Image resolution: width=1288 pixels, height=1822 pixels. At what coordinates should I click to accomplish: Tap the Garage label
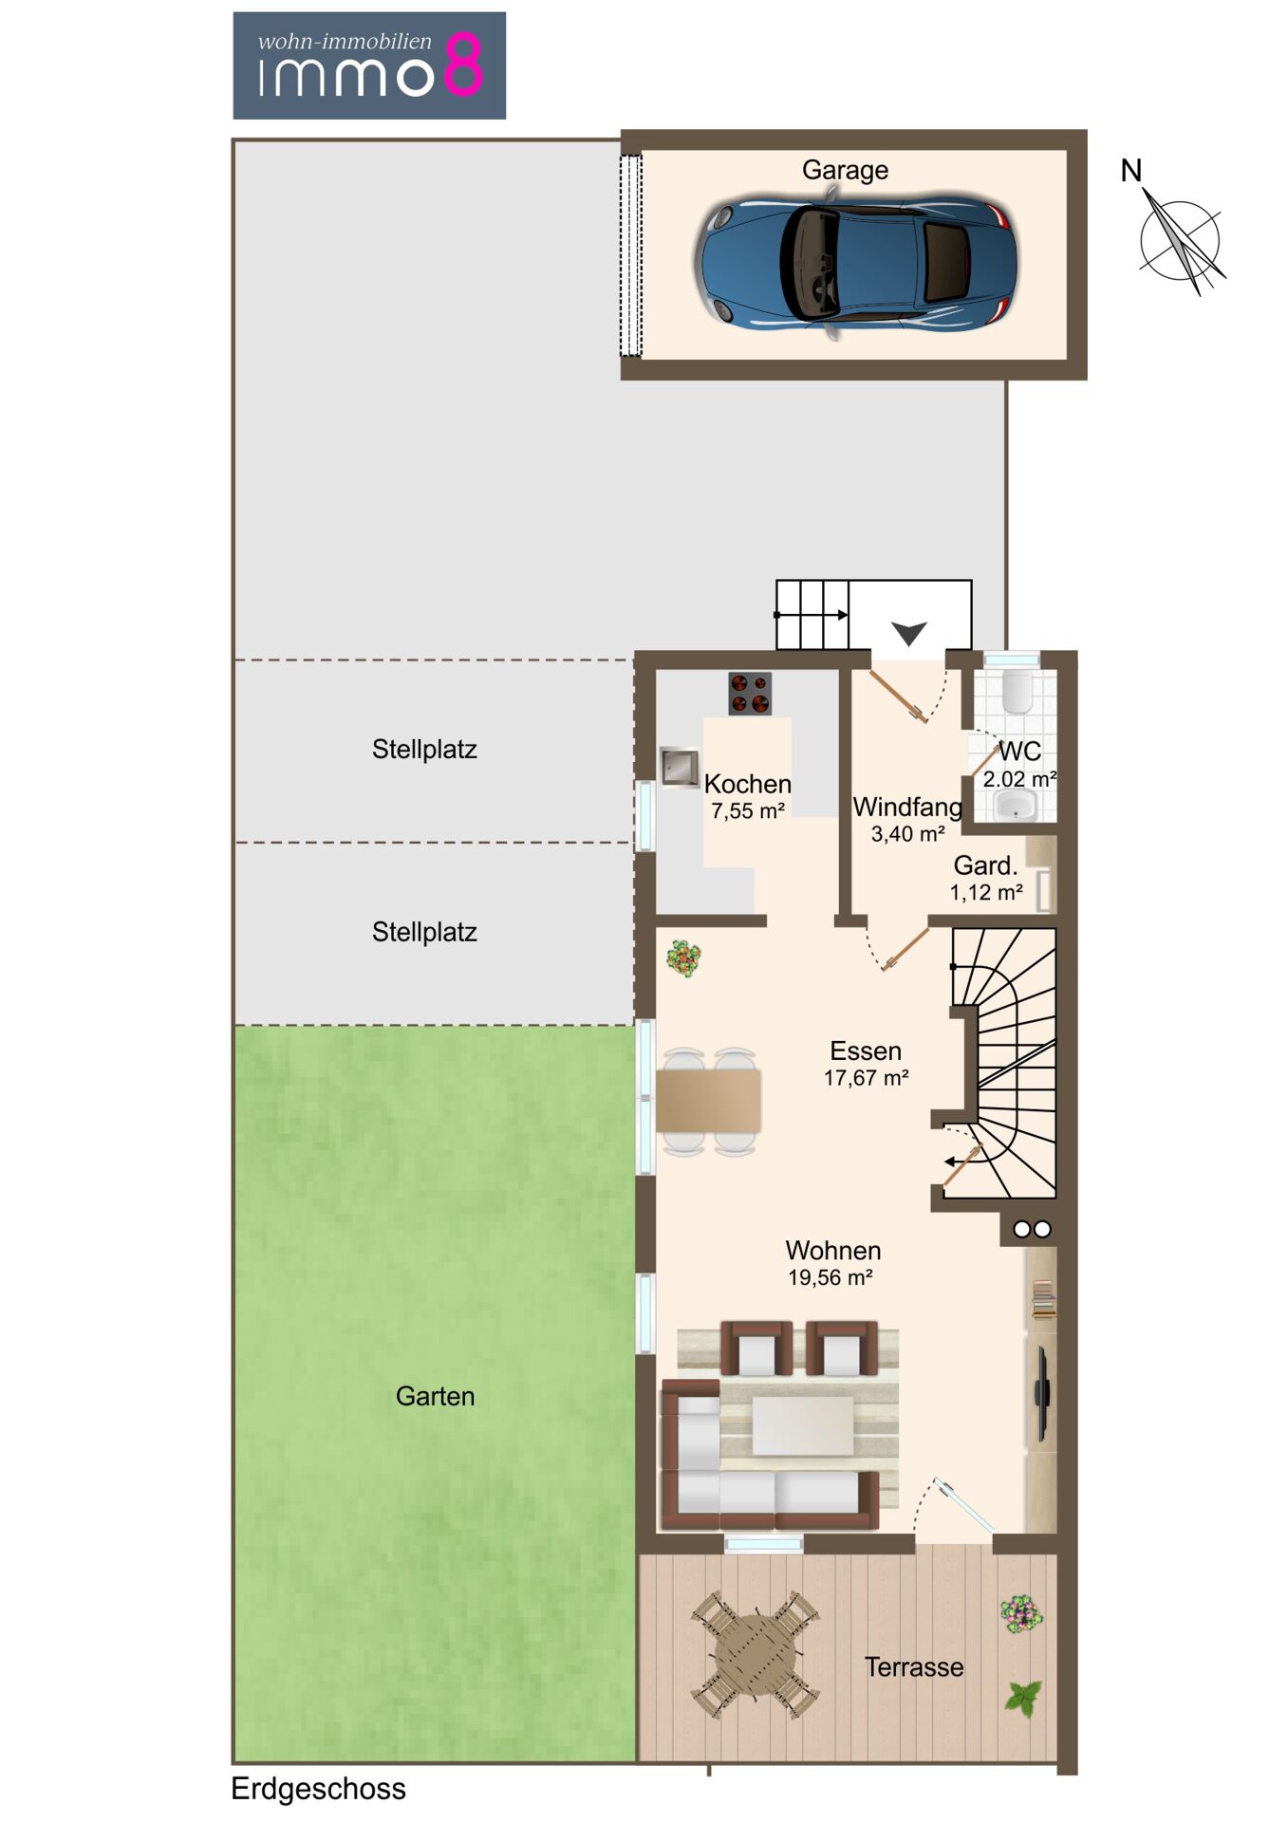click(845, 171)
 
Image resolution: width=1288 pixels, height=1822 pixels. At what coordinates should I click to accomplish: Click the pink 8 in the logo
click(464, 65)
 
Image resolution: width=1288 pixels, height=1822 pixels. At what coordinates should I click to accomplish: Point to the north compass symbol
click(1180, 237)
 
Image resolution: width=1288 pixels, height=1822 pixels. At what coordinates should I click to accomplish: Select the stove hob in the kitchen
click(750, 694)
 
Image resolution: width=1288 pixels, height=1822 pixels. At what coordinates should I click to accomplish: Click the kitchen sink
click(680, 768)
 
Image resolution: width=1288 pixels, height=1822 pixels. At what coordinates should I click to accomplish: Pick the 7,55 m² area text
click(748, 811)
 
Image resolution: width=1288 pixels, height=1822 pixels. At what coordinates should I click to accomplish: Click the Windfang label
click(907, 807)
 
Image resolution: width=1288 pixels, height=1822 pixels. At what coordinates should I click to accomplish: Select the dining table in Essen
click(708, 1100)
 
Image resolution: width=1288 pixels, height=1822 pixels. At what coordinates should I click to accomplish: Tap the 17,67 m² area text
click(866, 1078)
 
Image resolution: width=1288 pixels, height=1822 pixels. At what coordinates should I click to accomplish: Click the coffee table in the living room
click(803, 1424)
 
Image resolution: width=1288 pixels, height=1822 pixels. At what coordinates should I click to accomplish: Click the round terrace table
click(756, 1655)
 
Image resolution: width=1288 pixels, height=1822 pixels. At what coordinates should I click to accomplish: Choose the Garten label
click(435, 1396)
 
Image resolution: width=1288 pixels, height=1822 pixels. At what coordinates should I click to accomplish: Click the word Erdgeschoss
click(318, 1789)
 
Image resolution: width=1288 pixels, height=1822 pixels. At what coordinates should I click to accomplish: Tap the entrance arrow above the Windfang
click(908, 633)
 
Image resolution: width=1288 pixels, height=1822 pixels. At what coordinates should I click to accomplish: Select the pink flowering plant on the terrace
click(1020, 1613)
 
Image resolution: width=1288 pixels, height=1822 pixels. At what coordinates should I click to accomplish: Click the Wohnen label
click(833, 1251)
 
